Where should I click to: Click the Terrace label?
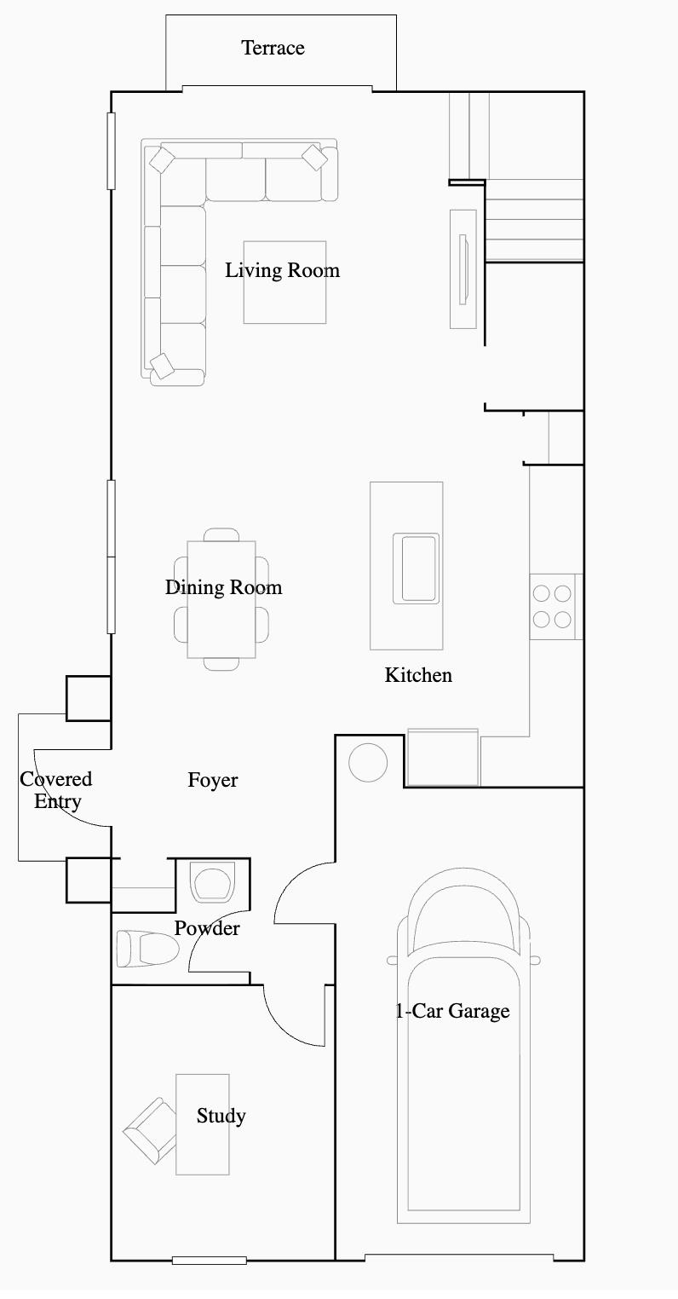pyautogui.click(x=273, y=48)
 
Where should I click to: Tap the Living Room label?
pyautogui.click(x=282, y=270)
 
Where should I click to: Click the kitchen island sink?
pyautogui.click(x=416, y=569)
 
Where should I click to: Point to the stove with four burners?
pyautogui.click(x=552, y=607)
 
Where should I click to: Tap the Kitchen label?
pyautogui.click(x=418, y=675)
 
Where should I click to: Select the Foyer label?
pyautogui.click(x=213, y=780)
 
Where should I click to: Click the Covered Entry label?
pyautogui.click(x=56, y=790)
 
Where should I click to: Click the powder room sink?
pyautogui.click(x=213, y=882)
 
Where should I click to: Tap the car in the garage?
pyautogui.click(x=463, y=1065)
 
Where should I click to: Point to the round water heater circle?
pyautogui.click(x=368, y=762)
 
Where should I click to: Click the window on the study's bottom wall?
pyautogui.click(x=209, y=1260)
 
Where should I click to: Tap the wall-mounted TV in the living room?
pyautogui.click(x=463, y=268)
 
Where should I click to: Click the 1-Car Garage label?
pyautogui.click(x=452, y=1011)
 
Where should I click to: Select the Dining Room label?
pyautogui.click(x=223, y=587)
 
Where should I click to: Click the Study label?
pyautogui.click(x=221, y=1116)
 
